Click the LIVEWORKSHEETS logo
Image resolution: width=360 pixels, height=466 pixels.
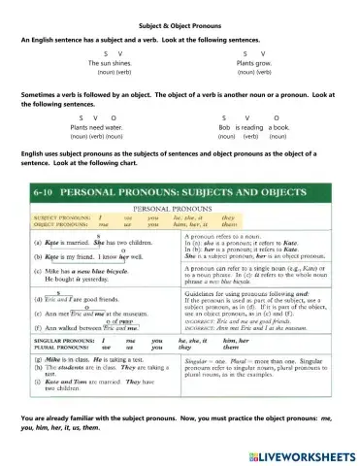point(306,454)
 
